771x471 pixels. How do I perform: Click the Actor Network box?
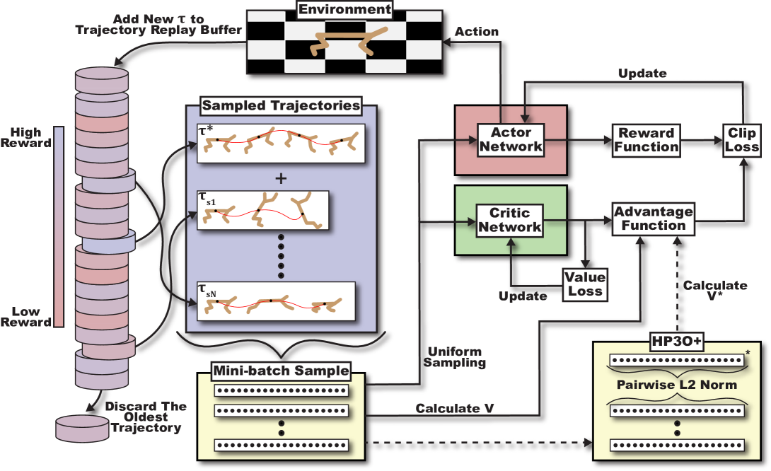(509, 139)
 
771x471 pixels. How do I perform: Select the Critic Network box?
(509, 219)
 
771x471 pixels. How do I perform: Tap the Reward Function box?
(647, 139)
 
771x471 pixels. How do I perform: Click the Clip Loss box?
(741, 139)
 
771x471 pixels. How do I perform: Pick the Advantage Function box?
(653, 219)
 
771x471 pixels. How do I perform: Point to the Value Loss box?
(584, 283)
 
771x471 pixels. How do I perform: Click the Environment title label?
(344, 10)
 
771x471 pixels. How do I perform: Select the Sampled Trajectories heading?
(281, 106)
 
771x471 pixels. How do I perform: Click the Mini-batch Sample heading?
(281, 370)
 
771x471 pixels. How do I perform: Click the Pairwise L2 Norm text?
(677, 385)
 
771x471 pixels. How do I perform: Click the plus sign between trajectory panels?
(281, 178)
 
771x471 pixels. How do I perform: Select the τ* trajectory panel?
(281, 144)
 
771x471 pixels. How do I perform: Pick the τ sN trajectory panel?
(281, 301)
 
